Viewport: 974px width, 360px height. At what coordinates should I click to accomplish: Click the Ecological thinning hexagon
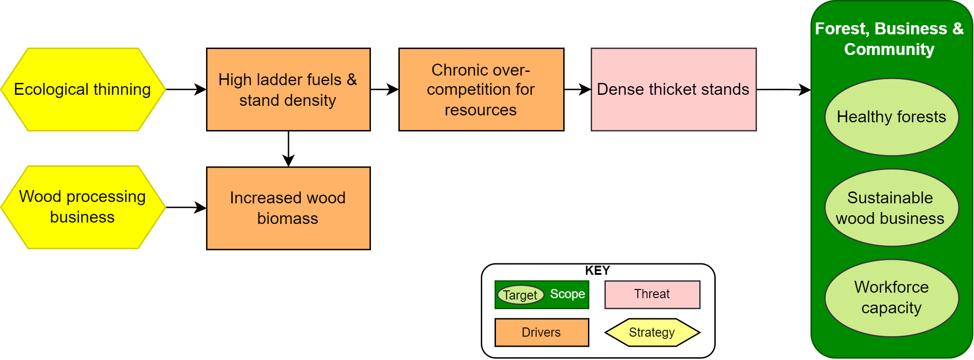[83, 90]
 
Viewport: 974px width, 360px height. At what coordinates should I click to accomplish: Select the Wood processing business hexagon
[83, 207]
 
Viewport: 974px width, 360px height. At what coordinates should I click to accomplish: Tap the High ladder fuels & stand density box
[288, 90]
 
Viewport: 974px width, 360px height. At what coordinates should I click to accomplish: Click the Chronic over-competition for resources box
[481, 90]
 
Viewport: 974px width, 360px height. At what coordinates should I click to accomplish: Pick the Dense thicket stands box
[673, 90]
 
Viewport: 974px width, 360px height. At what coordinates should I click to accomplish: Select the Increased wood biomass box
[288, 208]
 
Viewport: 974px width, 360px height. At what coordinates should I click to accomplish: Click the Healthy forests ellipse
[891, 117]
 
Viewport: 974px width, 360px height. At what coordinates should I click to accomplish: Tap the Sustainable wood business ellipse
[891, 208]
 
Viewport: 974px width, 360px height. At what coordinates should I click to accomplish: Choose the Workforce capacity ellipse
[891, 298]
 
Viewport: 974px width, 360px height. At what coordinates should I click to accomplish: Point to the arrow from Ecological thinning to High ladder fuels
[185, 89]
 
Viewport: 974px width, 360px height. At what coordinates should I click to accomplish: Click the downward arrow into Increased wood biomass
[288, 149]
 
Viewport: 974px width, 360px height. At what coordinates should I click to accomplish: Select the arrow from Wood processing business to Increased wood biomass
[185, 207]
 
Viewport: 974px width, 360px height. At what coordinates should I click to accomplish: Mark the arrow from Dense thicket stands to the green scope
[783, 89]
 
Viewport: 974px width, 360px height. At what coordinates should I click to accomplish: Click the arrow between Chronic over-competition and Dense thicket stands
[577, 89]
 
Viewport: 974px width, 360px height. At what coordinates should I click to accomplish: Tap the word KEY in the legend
[597, 271]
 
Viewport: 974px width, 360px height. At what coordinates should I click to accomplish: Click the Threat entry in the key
[652, 295]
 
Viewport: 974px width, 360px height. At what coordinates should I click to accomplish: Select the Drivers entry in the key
[541, 333]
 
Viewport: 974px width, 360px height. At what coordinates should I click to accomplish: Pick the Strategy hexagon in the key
[652, 333]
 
